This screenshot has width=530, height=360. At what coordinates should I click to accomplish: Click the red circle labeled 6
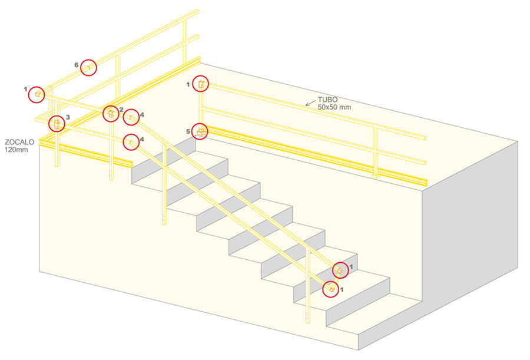88,68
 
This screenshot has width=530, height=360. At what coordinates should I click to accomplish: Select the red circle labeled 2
110,113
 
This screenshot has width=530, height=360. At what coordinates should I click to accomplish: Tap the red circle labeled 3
57,124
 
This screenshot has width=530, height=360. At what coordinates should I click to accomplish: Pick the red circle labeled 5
201,131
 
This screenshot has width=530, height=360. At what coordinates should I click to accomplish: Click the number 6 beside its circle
77,64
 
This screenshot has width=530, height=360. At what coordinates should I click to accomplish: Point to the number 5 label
188,131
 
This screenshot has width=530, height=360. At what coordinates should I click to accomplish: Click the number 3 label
68,117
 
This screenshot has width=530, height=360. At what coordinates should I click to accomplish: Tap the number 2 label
121,109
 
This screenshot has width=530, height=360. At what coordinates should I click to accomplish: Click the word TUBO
327,100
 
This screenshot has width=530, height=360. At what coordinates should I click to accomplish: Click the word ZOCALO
19,143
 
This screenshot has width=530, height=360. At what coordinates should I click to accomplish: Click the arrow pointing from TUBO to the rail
310,103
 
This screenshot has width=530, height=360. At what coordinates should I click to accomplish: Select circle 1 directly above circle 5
201,84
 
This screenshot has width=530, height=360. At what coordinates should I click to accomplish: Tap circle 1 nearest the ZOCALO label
37,94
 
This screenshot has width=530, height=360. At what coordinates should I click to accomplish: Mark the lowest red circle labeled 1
331,289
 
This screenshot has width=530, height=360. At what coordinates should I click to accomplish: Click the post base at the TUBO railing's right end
375,175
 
